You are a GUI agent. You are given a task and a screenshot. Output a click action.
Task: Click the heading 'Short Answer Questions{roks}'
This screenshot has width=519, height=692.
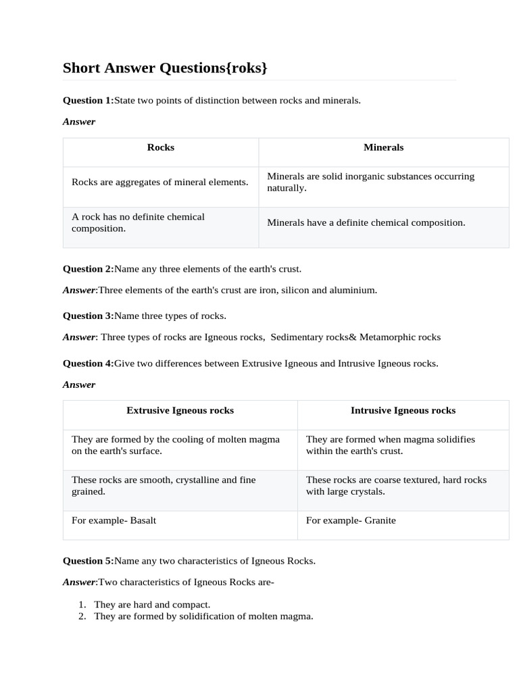click(165, 68)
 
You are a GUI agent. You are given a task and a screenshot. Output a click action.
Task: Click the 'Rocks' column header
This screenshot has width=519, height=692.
click(161, 147)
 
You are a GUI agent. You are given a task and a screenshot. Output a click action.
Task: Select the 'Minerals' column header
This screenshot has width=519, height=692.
click(383, 147)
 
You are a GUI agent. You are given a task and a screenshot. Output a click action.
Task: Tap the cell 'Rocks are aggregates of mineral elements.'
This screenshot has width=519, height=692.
click(160, 182)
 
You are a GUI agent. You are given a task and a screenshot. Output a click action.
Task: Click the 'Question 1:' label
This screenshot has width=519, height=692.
click(88, 101)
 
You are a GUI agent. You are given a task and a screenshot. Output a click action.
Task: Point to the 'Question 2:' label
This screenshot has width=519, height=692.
click(88, 269)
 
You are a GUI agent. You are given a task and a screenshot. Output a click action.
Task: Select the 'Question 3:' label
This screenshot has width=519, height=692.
click(88, 316)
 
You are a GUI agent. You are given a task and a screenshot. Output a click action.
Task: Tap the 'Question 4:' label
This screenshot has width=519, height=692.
click(88, 364)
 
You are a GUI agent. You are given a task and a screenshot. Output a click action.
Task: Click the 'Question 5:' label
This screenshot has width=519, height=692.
click(88, 561)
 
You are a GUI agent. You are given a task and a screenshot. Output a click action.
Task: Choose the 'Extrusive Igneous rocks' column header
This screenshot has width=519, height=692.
click(180, 411)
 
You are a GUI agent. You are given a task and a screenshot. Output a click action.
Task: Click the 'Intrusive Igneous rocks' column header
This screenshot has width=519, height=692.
click(403, 411)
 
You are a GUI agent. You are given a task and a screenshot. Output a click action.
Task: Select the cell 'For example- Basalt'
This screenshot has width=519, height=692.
click(114, 520)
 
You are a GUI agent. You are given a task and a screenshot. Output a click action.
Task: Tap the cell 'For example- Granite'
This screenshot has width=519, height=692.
click(351, 520)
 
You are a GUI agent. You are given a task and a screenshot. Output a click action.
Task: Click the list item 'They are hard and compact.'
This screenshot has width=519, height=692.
click(152, 605)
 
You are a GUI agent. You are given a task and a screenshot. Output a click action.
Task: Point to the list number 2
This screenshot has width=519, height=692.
click(82, 616)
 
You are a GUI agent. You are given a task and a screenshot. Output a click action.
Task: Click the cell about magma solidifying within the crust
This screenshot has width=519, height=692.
click(391, 445)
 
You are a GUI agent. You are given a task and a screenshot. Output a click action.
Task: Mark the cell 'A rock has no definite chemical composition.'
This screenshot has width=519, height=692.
click(139, 223)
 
